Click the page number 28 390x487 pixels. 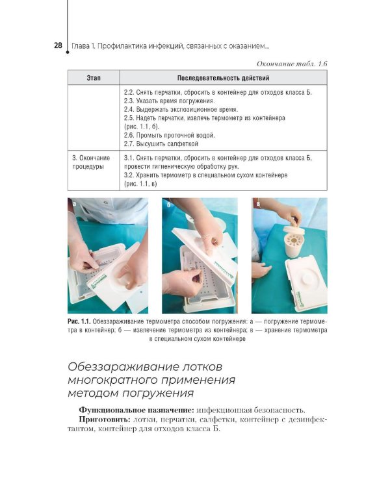tap(58, 45)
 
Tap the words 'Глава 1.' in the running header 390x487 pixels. tap(86, 46)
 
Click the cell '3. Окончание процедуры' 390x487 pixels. tap(92, 162)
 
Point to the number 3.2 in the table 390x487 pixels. tap(129, 175)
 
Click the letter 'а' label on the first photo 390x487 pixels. tap(75, 204)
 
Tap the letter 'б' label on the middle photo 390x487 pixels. tap(168, 205)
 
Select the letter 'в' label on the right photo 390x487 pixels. tap(258, 205)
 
